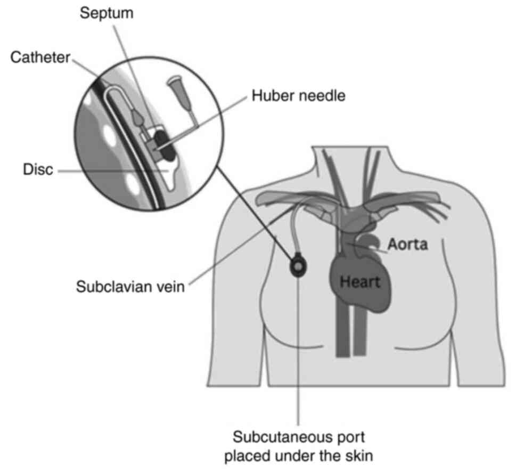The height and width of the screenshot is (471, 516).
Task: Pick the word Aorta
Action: (407, 245)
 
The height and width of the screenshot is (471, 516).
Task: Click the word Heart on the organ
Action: (361, 281)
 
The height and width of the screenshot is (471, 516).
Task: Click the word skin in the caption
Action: (356, 457)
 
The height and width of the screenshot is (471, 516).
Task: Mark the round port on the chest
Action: (299, 264)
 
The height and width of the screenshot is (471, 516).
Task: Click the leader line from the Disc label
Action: (107, 172)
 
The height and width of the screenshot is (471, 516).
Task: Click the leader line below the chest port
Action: (299, 346)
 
